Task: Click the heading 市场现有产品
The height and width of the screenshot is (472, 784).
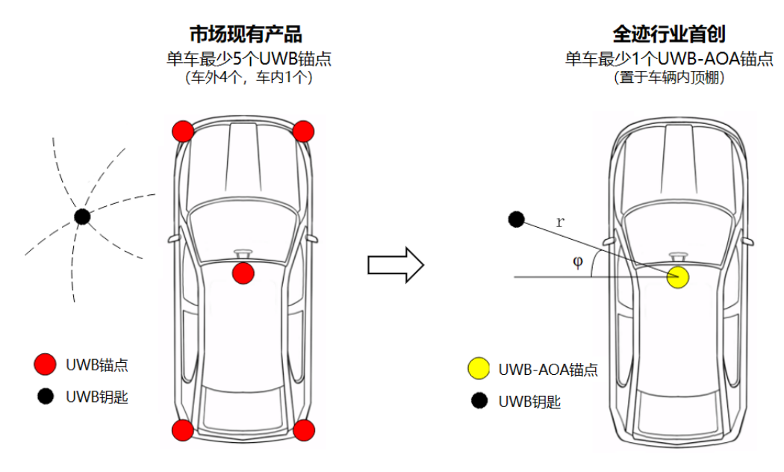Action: click(x=246, y=34)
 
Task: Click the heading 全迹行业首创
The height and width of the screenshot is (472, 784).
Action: click(x=668, y=34)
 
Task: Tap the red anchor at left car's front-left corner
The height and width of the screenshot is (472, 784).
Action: click(x=183, y=131)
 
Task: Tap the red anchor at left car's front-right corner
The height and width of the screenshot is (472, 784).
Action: click(x=302, y=131)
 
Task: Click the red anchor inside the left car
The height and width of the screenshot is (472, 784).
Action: click(x=243, y=273)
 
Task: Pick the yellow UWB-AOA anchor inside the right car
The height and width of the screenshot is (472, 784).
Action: click(x=677, y=277)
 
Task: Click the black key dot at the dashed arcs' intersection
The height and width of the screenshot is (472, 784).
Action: click(x=82, y=217)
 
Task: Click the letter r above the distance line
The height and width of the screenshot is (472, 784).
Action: click(x=560, y=222)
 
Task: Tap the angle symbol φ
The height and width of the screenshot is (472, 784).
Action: click(x=577, y=263)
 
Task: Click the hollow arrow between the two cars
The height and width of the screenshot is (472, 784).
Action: click(x=396, y=264)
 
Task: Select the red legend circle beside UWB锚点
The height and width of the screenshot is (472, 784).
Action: click(x=45, y=364)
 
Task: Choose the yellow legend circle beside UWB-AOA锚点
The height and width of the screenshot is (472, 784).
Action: click(x=478, y=369)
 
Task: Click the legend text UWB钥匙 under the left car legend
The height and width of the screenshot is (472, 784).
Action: click(x=97, y=397)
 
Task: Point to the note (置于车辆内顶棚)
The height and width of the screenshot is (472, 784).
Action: click(x=668, y=77)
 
